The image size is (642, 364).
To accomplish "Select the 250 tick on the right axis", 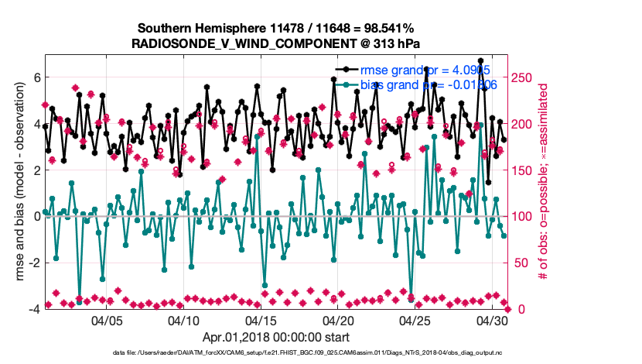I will tap(524, 77).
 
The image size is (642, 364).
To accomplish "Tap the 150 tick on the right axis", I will tap(524, 170).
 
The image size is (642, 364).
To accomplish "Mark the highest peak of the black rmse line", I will tap(481, 60).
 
